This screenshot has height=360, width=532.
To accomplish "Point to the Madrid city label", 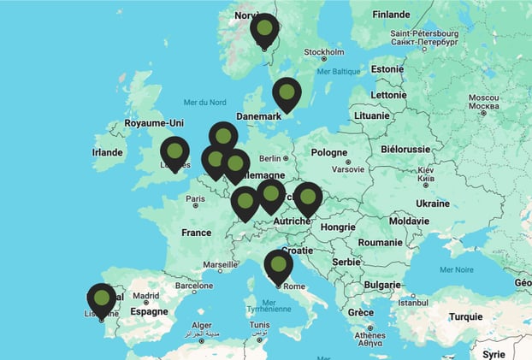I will (146, 297).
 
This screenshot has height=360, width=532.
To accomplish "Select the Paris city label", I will (196, 199).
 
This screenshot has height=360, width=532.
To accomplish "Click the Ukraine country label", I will (432, 204).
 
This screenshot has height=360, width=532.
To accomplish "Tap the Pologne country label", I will (329, 152).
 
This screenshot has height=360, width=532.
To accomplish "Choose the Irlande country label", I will (107, 152).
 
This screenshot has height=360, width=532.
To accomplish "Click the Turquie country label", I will (465, 316).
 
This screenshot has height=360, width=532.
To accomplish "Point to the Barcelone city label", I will (193, 286).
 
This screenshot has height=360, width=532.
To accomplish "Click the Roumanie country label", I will (380, 242).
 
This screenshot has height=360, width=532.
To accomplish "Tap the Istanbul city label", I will (412, 302).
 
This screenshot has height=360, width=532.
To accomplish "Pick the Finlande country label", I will (391, 14).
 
